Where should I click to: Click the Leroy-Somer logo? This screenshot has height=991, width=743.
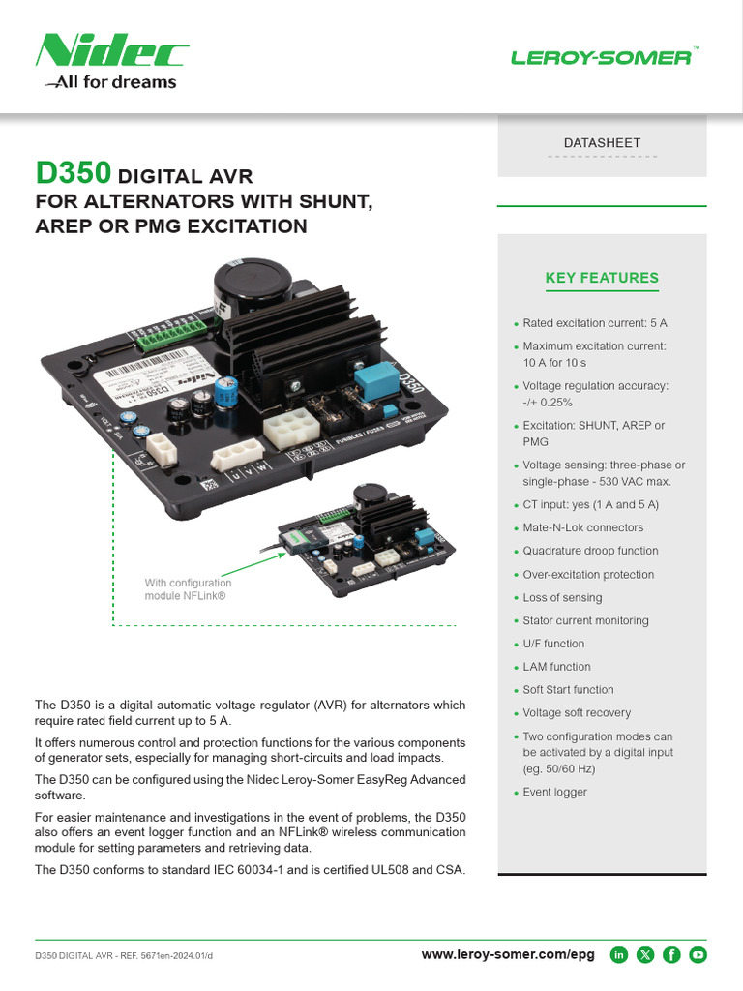pos(601,58)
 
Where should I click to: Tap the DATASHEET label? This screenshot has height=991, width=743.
pos(602,143)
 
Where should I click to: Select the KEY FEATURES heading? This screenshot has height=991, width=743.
pos(602,279)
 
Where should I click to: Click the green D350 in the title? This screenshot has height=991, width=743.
pos(74,175)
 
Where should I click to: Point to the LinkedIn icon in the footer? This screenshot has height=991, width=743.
pos(619,955)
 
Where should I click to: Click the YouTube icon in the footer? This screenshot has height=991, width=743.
pos(698,955)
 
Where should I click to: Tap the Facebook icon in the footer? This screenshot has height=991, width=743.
pos(671,955)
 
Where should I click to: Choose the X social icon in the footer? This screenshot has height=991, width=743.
pos(645,955)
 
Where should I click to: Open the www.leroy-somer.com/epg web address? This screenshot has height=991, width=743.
pos(508,955)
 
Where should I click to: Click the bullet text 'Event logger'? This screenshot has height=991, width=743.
pos(554,792)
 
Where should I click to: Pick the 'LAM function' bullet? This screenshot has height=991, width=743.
pos(556,667)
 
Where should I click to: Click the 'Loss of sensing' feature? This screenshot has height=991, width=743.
pos(562,597)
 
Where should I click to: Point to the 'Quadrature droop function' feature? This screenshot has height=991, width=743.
pos(590,551)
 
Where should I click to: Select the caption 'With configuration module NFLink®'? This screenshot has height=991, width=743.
pos(188,589)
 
